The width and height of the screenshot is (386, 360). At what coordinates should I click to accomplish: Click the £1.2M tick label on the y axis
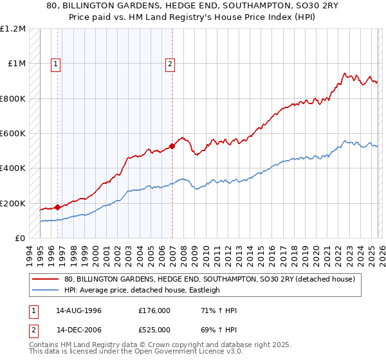(13, 29)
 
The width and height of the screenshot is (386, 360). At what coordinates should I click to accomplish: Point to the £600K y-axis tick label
(13, 134)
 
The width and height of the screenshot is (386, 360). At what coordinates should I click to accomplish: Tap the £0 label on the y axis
(19, 239)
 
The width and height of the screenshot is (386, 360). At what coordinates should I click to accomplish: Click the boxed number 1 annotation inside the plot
(56, 64)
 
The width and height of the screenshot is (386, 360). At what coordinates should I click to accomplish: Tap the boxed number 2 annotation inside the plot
(170, 64)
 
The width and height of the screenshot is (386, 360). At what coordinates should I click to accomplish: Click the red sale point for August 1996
(58, 207)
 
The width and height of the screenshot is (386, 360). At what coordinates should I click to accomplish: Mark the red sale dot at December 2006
(172, 146)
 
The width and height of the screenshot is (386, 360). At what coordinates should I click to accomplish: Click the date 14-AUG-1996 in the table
(78, 310)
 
